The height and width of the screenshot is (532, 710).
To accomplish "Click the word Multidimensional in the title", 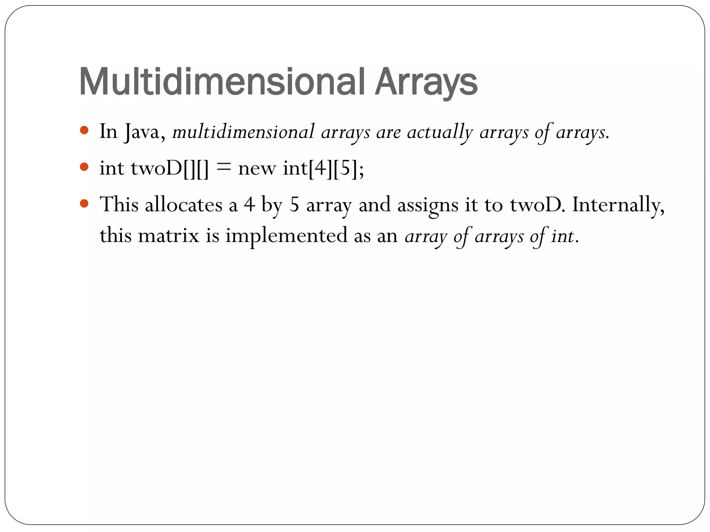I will (222, 82).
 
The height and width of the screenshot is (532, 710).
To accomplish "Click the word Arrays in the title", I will (426, 82).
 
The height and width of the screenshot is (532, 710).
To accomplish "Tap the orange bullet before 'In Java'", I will (84, 131).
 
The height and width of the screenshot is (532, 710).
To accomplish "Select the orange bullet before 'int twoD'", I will (84, 167).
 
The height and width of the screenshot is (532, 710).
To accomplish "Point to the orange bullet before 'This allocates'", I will (84, 203).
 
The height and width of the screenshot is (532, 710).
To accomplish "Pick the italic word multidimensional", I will (243, 132).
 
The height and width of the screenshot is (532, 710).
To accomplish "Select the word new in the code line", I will (257, 169).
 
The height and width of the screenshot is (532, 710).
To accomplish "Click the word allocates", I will (183, 204).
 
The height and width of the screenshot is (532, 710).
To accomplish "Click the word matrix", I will (168, 236).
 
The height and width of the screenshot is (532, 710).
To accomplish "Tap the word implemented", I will (286, 236).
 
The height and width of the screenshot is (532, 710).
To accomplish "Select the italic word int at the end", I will (562, 236).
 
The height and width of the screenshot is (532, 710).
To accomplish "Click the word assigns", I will (428, 205).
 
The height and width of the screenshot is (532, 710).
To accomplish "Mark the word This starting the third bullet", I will (119, 204).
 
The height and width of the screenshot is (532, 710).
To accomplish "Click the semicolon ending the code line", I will (362, 170).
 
